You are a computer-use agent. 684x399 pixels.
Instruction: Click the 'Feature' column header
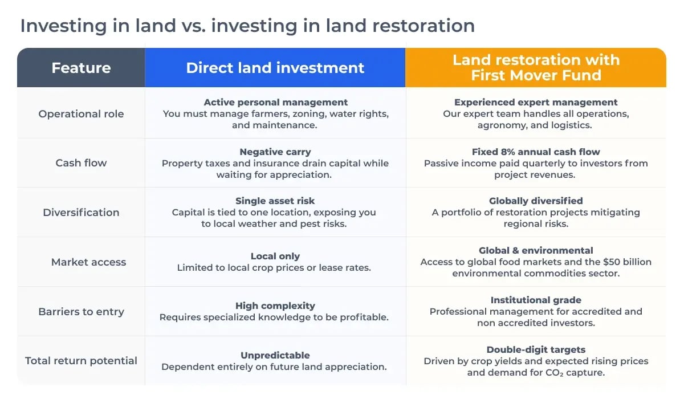point(81,68)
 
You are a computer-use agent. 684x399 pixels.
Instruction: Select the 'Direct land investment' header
point(275,68)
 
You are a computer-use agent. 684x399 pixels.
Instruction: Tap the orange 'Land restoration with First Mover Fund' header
point(536,68)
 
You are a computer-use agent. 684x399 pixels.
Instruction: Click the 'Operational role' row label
point(81,113)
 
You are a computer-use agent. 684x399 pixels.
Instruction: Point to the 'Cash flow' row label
point(81,163)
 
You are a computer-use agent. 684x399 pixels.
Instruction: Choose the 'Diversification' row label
point(81,213)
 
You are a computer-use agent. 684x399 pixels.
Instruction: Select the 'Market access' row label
point(88,262)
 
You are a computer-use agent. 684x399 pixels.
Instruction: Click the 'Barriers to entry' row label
point(81,312)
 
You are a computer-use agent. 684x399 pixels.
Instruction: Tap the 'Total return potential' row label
point(81,361)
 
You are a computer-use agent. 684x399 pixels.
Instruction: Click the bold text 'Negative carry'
point(275,152)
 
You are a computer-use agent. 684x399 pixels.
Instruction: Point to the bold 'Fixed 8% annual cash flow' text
point(536,152)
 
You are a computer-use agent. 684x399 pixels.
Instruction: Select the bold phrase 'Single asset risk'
point(275,201)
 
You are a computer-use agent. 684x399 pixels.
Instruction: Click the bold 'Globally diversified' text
point(536,201)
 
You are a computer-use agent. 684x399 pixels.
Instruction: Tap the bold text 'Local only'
point(275,256)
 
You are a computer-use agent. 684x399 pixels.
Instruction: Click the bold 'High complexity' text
point(275,306)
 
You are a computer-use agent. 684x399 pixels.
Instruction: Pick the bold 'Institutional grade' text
point(536,300)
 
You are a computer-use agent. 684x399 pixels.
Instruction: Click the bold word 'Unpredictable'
point(275,356)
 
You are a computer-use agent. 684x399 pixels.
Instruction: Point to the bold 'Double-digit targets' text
point(536,350)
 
